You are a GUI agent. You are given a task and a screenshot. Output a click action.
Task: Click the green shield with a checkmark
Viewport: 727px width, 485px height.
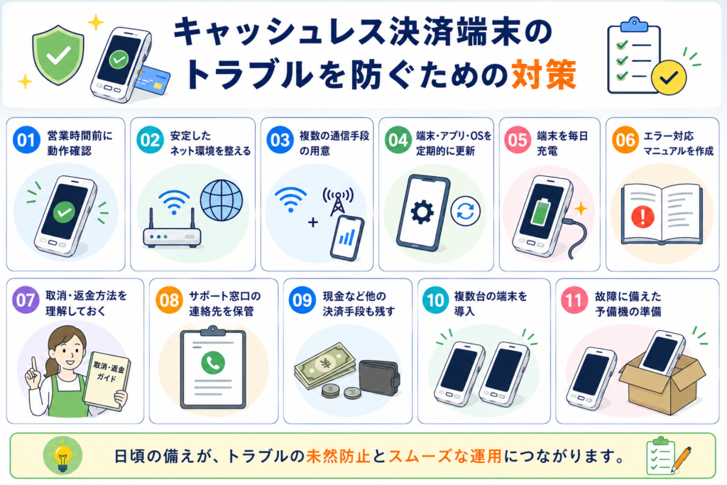click(x=58, y=55)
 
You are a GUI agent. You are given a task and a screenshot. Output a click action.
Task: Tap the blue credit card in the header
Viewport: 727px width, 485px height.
click(x=153, y=80)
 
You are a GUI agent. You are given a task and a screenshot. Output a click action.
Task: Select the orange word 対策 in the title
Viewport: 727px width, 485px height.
click(x=544, y=74)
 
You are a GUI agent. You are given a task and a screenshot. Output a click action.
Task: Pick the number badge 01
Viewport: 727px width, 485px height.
click(x=26, y=140)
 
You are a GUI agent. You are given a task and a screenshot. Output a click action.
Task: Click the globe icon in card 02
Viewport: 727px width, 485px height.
click(x=222, y=200)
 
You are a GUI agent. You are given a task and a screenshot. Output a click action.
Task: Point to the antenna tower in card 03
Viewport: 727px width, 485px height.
click(x=337, y=201)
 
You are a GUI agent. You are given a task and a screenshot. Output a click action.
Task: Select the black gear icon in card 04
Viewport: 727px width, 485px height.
click(x=422, y=213)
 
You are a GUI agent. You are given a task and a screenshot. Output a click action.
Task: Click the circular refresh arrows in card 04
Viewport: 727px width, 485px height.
click(x=466, y=211)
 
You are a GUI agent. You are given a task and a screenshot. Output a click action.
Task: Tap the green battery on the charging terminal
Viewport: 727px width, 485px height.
click(x=540, y=213)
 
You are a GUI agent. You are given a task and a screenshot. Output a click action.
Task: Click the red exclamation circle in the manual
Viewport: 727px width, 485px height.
click(x=643, y=217)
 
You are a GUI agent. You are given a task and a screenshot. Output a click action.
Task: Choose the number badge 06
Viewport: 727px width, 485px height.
click(x=625, y=140)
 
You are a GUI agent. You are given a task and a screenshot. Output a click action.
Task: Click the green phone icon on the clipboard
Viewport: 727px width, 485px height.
click(x=213, y=363)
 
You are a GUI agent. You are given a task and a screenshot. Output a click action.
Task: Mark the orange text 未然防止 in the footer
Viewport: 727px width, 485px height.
click(x=338, y=457)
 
